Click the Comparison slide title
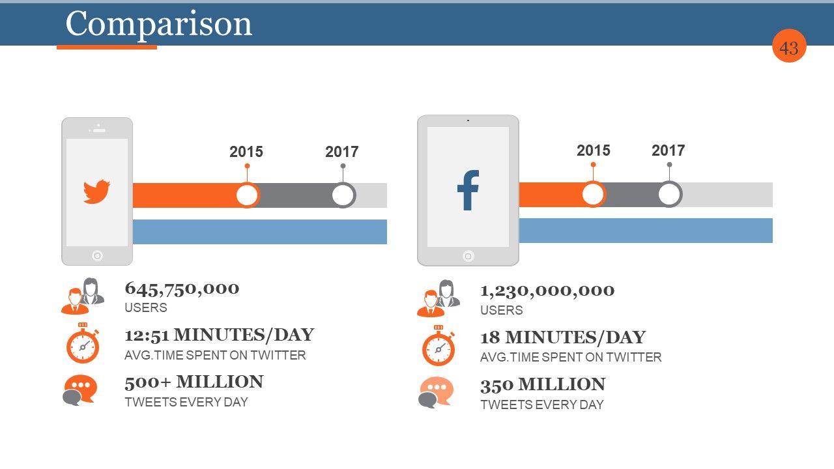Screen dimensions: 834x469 point(159,24)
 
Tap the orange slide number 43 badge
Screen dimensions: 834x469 point(789,46)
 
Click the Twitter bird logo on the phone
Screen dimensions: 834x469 point(96,192)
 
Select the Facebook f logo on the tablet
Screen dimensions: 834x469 point(468,190)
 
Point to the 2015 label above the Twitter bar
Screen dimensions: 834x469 point(246,152)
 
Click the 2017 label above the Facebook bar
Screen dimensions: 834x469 point(669,150)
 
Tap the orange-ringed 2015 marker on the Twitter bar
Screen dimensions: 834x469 point(247,195)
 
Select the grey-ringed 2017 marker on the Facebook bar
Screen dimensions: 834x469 point(670,194)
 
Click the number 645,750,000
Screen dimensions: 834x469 point(182,289)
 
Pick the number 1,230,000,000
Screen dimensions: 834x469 point(547,291)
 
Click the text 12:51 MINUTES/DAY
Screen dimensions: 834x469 point(220,335)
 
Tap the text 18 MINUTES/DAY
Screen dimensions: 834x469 point(563,337)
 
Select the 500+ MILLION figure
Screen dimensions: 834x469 point(194,382)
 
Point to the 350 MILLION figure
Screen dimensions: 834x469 point(543,385)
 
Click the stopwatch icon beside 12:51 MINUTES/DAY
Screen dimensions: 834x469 point(83,343)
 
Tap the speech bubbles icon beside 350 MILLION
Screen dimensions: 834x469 point(436,392)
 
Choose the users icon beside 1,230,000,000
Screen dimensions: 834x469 point(439,298)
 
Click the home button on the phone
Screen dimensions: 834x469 point(97,256)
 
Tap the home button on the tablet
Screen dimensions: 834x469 point(468,256)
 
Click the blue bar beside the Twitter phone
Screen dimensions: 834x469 point(260,232)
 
